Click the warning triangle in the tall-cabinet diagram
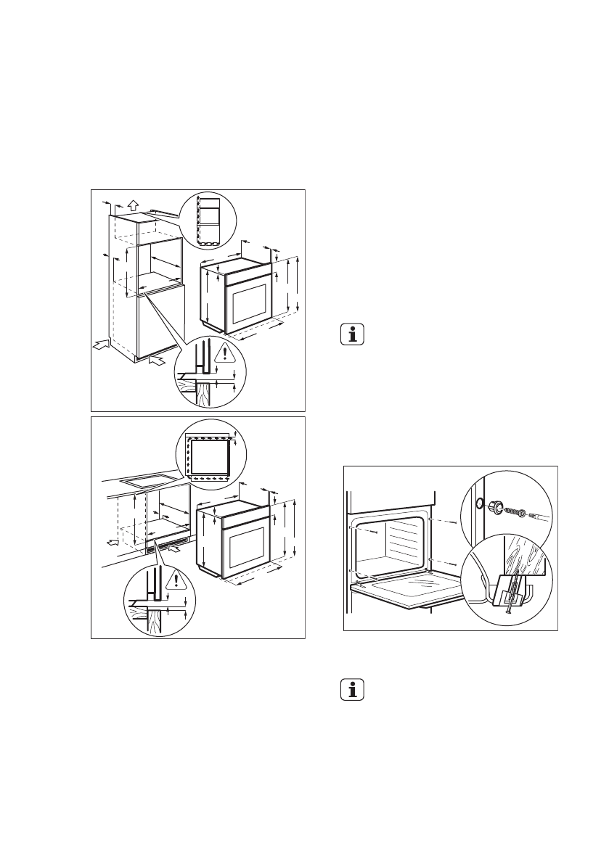226,353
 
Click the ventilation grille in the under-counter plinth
168,547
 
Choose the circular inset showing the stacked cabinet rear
208,218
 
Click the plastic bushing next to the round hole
499,507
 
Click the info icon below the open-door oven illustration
353,690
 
